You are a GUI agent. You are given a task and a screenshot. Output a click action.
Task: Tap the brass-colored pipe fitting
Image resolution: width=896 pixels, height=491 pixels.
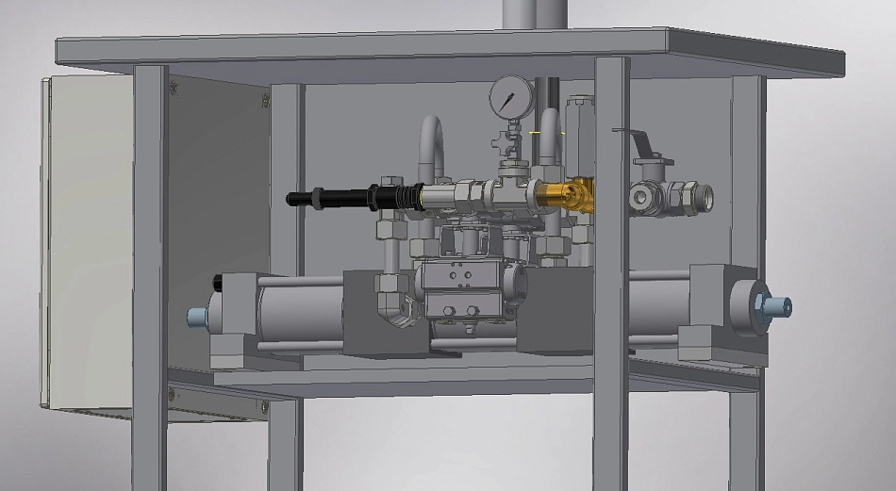(566, 195)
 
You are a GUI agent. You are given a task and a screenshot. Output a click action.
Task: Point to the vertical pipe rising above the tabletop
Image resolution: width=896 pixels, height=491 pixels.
(532, 14)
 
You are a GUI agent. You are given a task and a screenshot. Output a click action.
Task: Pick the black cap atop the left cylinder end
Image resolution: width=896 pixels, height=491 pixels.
(220, 281)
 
